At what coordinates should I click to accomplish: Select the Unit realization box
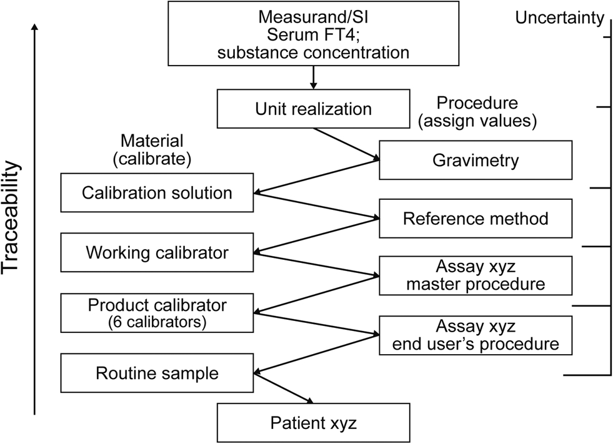[313, 109]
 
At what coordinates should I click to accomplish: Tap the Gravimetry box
[476, 160]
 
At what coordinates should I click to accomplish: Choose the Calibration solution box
[157, 192]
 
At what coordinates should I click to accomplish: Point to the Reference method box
[476, 219]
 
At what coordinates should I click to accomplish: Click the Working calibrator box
[157, 253]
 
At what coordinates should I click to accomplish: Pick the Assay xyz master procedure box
[476, 275]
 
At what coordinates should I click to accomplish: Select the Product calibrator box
[157, 312]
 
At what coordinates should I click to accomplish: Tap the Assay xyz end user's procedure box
[476, 335]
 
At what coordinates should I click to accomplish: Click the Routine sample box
[157, 373]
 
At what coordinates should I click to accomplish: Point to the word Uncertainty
[559, 18]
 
